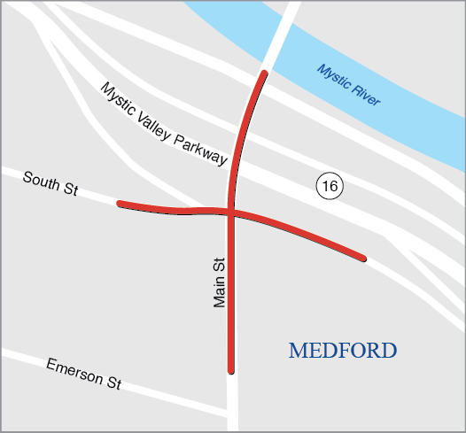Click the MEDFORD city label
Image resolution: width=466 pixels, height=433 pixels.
tap(342, 351)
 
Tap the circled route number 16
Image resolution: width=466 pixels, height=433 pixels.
tap(329, 186)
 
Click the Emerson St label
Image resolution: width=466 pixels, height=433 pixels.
tap(83, 374)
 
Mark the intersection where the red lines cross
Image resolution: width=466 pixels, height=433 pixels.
tap(231, 211)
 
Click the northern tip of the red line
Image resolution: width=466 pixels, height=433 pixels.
tap(263, 73)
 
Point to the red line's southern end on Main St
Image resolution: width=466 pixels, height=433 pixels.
tap(231, 369)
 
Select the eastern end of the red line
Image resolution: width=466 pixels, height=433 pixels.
tap(362, 258)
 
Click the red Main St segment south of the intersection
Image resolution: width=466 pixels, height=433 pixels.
tap(231, 292)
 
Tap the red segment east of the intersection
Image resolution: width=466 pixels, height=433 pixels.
tap(301, 232)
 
